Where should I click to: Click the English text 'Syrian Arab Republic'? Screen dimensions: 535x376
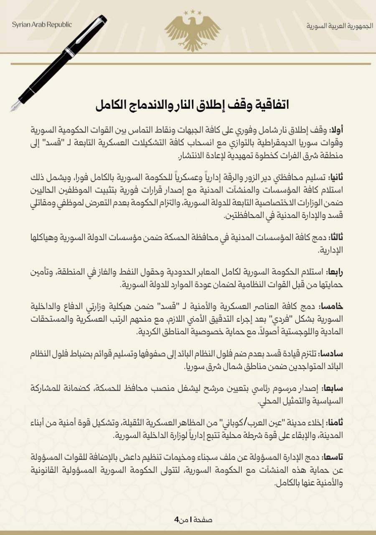(x=42, y=24)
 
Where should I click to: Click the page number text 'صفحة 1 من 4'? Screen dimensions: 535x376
(x=193, y=520)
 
